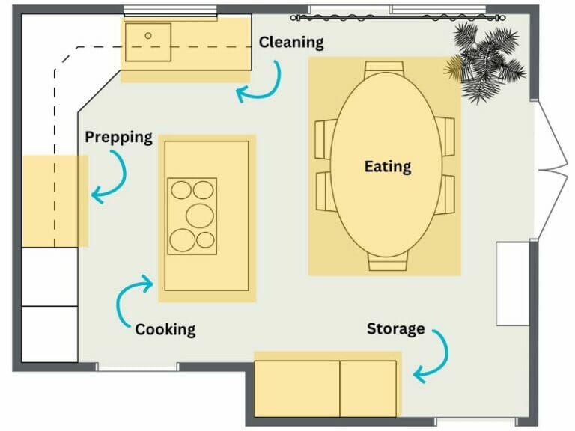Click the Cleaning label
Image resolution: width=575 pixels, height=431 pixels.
(x=291, y=43)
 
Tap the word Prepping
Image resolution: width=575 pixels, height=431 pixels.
(x=118, y=138)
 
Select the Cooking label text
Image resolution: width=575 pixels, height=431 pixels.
(x=165, y=329)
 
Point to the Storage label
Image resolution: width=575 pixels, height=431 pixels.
(x=395, y=328)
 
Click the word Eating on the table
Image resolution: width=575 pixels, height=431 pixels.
(x=387, y=166)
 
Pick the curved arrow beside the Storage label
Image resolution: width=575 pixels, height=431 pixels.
(x=433, y=355)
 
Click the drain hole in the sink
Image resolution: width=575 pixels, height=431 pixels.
(x=148, y=35)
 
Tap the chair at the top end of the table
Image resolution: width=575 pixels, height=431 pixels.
(x=386, y=67)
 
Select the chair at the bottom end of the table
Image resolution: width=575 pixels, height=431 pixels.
(x=387, y=263)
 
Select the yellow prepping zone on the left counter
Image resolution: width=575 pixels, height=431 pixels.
(x=55, y=201)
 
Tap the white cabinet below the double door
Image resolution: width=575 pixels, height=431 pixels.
(x=513, y=284)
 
